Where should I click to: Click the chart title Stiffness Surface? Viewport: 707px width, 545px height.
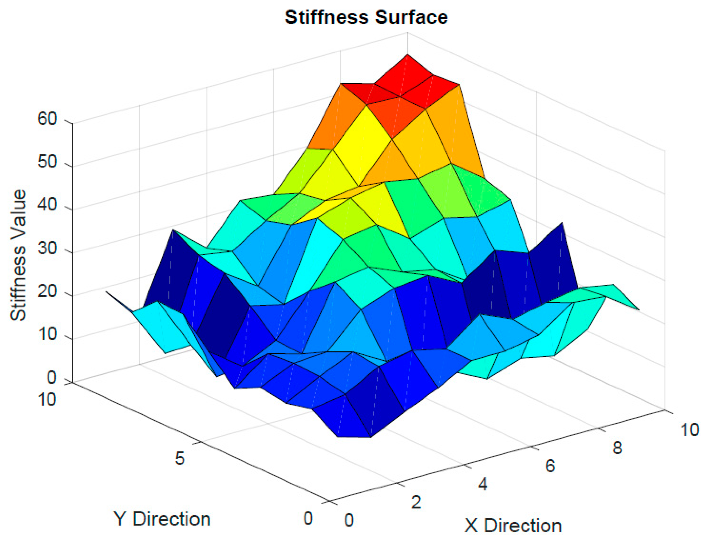pyautogui.click(x=366, y=17)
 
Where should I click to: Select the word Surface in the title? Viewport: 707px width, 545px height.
pyautogui.click(x=411, y=17)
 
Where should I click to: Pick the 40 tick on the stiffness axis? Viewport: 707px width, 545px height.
pyautogui.click(x=47, y=205)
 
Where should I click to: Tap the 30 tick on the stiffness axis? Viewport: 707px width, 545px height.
pyautogui.click(x=47, y=249)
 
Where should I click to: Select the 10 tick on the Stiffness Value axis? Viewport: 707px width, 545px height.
pyautogui.click(x=47, y=335)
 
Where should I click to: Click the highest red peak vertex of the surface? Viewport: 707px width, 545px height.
pyautogui.click(x=407, y=54)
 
